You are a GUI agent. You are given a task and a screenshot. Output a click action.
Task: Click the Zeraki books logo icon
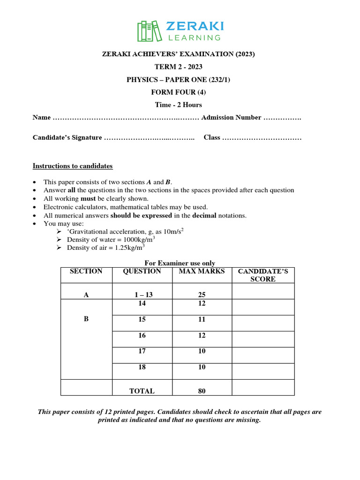click(148, 31)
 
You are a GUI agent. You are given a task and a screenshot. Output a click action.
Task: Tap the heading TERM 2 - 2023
click(179, 67)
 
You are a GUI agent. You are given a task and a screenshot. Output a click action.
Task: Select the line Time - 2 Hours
click(179, 105)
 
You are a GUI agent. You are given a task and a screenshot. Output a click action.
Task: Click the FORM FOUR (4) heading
click(179, 92)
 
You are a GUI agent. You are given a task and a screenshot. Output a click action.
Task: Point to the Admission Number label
click(231, 118)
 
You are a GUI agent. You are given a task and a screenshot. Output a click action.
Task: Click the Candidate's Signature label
click(67, 138)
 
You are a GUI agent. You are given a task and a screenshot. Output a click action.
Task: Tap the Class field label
click(212, 138)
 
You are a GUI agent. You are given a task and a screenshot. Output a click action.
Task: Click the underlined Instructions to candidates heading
click(72, 166)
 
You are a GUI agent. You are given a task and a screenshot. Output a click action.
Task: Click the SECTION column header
click(86, 271)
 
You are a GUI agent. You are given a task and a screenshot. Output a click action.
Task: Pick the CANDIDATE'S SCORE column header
click(263, 275)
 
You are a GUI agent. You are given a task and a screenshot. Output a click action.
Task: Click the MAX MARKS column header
click(202, 271)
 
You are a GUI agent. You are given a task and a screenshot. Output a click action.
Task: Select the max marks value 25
click(202, 295)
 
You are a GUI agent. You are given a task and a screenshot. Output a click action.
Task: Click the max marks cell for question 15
click(202, 320)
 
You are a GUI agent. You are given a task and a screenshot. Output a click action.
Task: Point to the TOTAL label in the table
click(142, 390)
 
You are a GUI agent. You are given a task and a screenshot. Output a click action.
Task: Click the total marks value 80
click(202, 390)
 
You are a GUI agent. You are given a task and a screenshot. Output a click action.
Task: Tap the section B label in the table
click(86, 319)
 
